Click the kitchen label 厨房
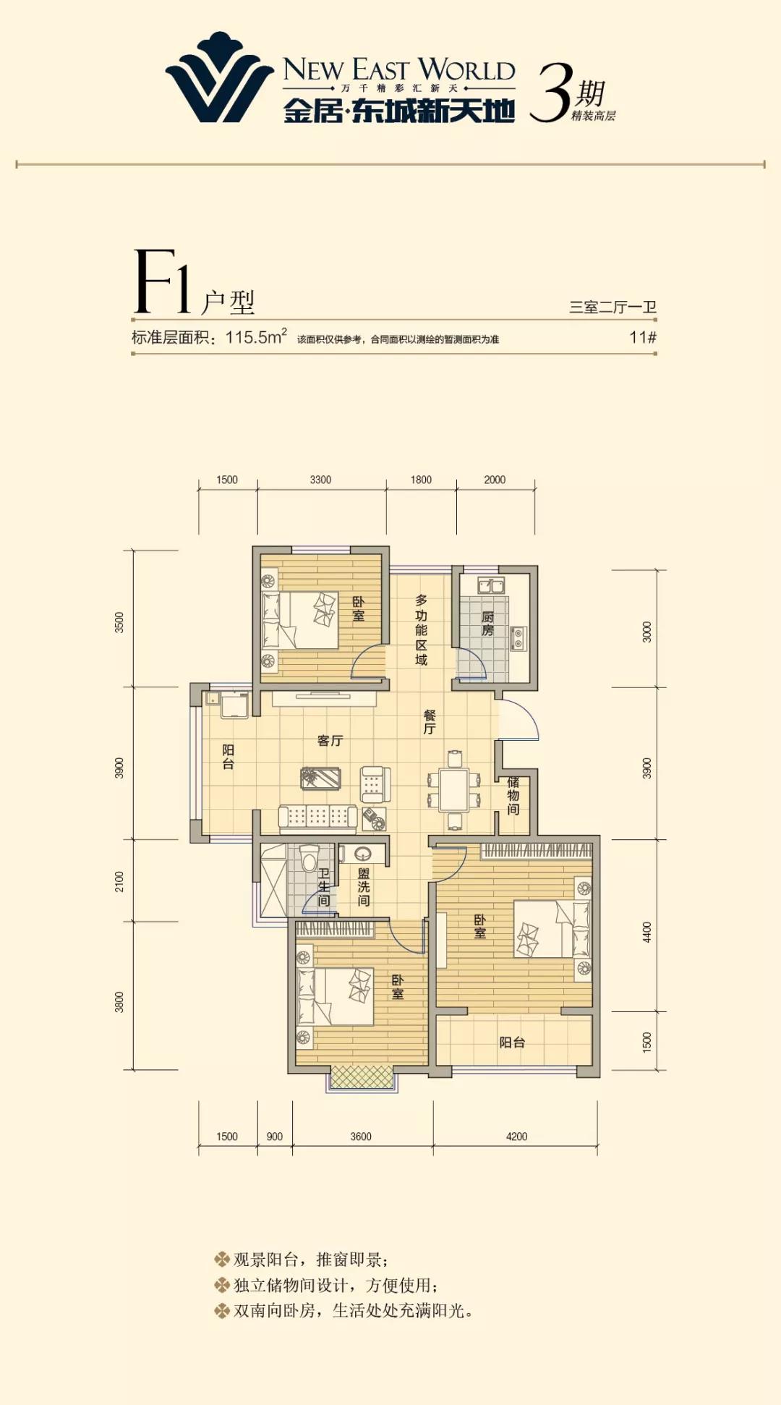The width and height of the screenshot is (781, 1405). tap(487, 624)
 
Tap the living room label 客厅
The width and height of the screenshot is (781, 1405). tap(330, 740)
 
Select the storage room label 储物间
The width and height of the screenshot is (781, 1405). tap(513, 795)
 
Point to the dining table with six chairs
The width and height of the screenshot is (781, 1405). tap(454, 790)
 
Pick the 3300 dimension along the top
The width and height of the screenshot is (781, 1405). tap(320, 480)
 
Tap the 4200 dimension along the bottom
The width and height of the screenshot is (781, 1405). tap(516, 1137)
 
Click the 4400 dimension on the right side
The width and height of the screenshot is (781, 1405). tap(647, 932)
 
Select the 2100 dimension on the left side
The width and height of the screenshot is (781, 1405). tap(119, 881)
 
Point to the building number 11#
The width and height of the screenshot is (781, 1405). tap(643, 337)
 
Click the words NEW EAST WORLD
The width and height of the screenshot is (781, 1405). tap(399, 69)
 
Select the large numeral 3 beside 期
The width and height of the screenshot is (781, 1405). tap(551, 92)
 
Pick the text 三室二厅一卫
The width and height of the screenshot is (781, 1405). tap(613, 307)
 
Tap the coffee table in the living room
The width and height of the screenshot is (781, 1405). tap(320, 778)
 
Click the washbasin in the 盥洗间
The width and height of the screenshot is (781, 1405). tap(363, 854)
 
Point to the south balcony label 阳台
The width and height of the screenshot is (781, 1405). tap(512, 1042)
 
